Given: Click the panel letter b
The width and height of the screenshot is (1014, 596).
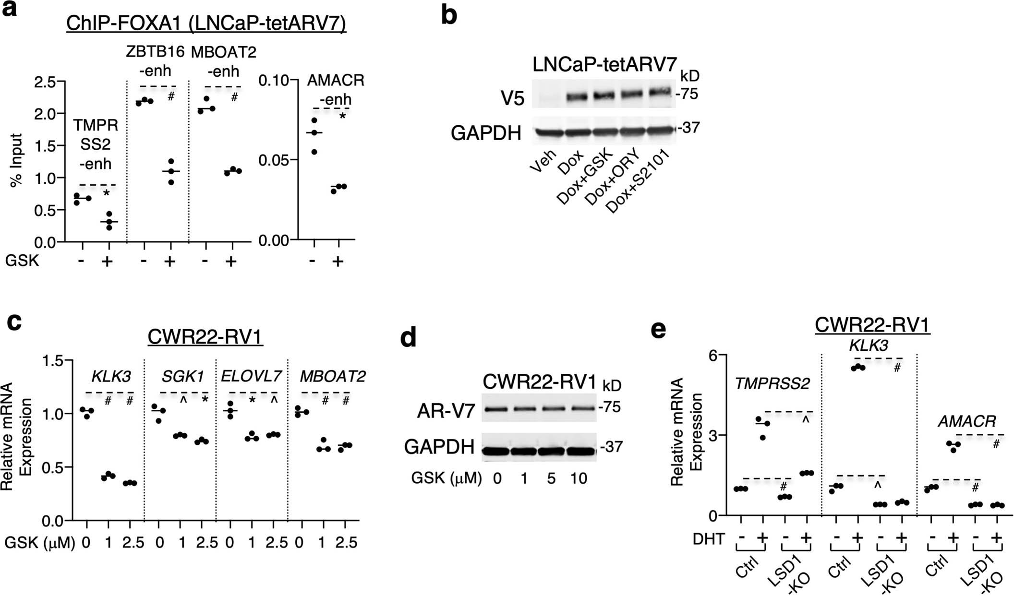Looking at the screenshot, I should click(448, 15).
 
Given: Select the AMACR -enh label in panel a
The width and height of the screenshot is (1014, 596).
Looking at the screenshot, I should click(336, 90).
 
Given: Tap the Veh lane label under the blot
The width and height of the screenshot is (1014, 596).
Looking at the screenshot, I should click(543, 161).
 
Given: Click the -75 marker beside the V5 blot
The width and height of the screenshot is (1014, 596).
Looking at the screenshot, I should click(688, 94).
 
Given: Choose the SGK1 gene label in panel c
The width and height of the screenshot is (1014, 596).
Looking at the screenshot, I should click(182, 377).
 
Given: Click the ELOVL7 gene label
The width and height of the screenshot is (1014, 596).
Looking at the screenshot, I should click(251, 377).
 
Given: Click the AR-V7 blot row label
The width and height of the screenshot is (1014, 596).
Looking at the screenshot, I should click(440, 411).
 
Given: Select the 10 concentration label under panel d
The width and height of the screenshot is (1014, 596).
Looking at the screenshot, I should click(579, 478).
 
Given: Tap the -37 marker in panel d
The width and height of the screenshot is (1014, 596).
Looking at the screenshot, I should click(611, 447).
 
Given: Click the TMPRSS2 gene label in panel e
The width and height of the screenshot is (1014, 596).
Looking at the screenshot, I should click(772, 383).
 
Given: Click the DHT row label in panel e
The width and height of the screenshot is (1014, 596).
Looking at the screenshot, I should click(709, 539).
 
